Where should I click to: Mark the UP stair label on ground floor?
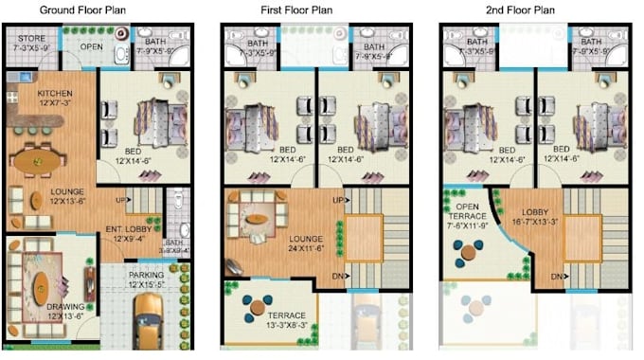click(x=121, y=201)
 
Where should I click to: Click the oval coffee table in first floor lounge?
click(x=259, y=217)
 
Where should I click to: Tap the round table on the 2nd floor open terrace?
click(x=466, y=250)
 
